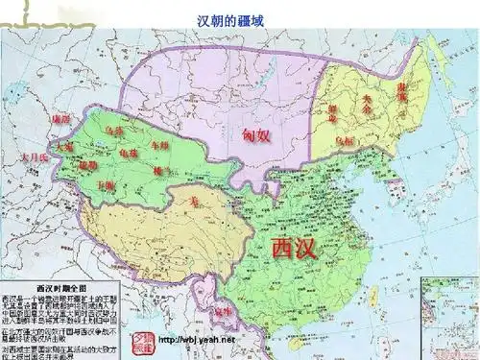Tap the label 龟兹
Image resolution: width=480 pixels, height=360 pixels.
pos(127,153)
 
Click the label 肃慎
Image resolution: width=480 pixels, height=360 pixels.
pos(400,92)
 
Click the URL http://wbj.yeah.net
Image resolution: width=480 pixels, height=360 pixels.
pos(196,342)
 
